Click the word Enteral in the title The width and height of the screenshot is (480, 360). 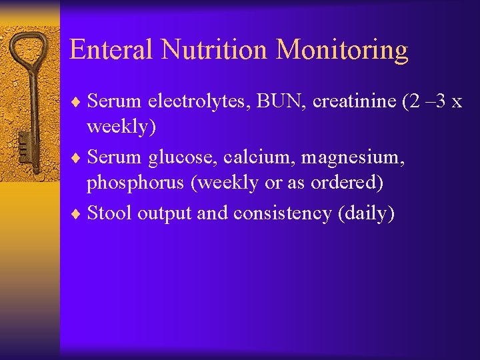click(x=111, y=50)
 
